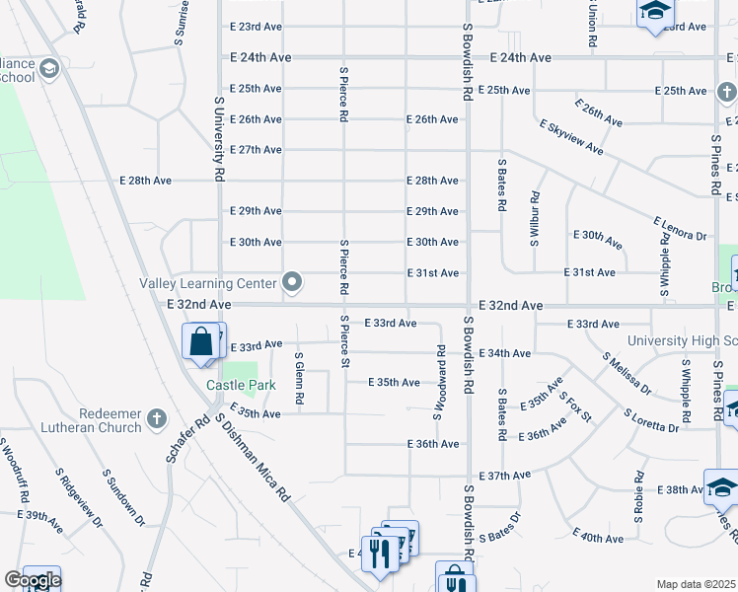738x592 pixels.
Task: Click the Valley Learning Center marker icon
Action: click(292, 283)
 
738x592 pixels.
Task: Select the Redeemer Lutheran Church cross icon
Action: click(156, 419)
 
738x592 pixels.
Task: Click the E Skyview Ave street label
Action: click(571, 137)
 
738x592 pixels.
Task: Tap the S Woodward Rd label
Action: click(438, 381)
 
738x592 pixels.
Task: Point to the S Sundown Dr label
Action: click(124, 497)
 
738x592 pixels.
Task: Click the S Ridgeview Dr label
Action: click(79, 498)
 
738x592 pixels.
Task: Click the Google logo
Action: click(33, 580)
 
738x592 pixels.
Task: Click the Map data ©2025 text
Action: click(696, 584)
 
